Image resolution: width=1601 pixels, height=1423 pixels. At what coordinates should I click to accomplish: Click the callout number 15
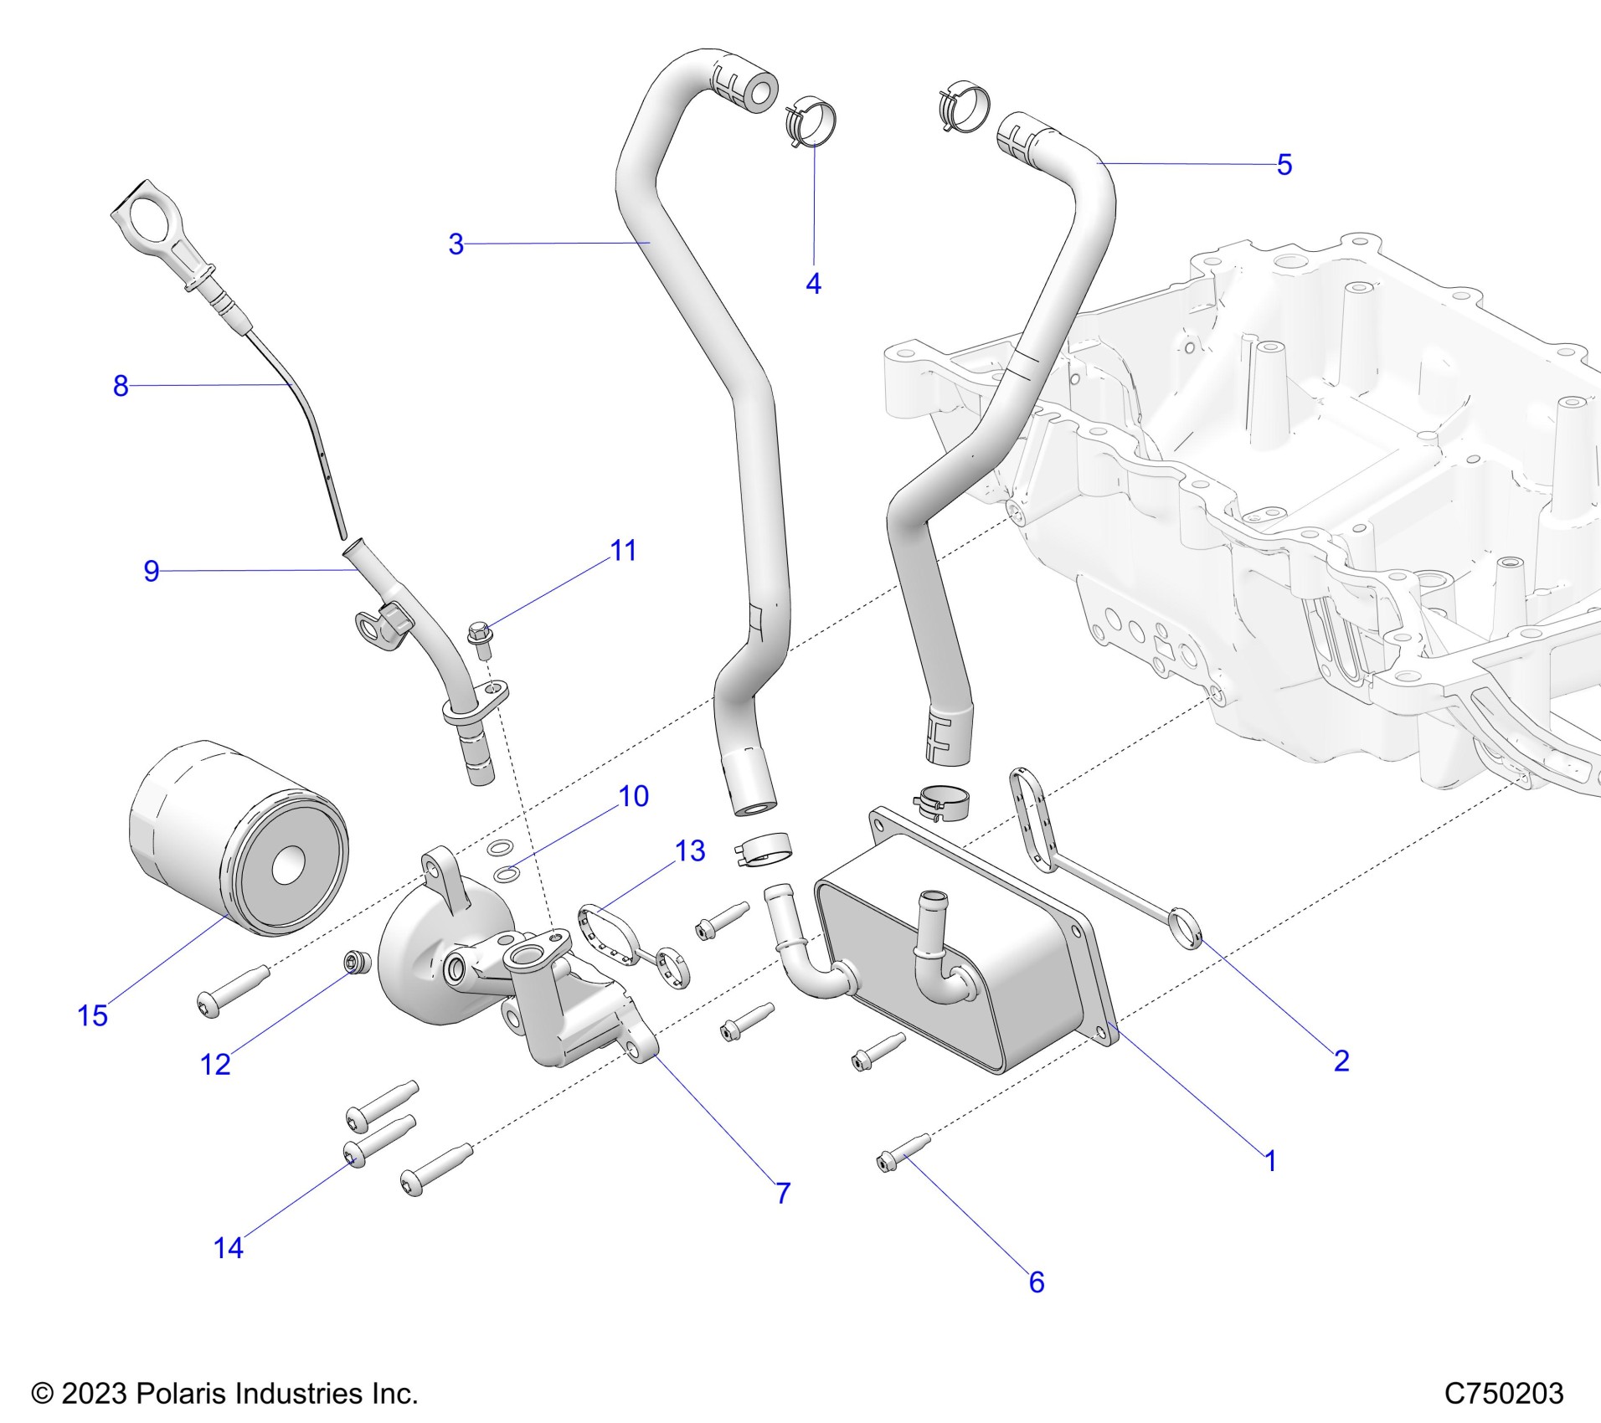[92, 1016]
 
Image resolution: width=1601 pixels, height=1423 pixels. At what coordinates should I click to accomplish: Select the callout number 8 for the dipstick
[121, 386]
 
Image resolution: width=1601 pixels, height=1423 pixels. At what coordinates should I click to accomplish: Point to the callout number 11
[623, 551]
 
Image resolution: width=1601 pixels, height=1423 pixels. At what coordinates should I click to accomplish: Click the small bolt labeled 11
[481, 638]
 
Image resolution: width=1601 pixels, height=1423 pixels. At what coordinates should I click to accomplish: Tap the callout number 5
[1284, 165]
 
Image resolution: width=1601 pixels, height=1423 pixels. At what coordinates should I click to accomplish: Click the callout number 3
[456, 244]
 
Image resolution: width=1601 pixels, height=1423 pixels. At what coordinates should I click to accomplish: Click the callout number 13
[690, 851]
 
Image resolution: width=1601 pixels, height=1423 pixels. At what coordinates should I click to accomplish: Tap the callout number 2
[1341, 1061]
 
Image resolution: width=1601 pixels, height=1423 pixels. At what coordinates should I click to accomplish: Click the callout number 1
[1269, 1161]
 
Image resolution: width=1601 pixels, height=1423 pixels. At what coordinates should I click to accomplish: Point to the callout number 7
[783, 1193]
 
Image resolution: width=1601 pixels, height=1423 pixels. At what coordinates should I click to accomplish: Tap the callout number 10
[633, 796]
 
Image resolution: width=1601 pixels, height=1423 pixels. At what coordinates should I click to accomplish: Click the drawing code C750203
[1503, 1393]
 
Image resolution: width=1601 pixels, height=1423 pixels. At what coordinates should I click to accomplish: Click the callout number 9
[151, 571]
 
